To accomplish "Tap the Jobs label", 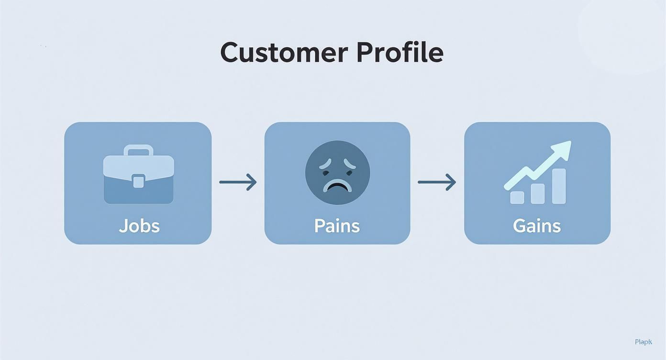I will tap(139, 225).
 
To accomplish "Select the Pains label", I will tap(337, 225).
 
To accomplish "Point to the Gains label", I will tap(537, 225).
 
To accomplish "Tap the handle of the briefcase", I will tap(138, 150).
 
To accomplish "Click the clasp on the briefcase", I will tap(138, 181).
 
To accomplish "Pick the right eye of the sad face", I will tap(349, 166).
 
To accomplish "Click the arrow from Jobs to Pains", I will tap(238, 182).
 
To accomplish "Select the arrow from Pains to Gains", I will tap(436, 182).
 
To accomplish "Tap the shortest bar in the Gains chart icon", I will tap(517, 197).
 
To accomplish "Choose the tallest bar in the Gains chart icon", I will tap(559, 186).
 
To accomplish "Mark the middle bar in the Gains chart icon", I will tap(538, 193).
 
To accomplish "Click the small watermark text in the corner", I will tap(644, 342).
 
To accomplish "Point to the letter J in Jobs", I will tap(123, 226).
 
